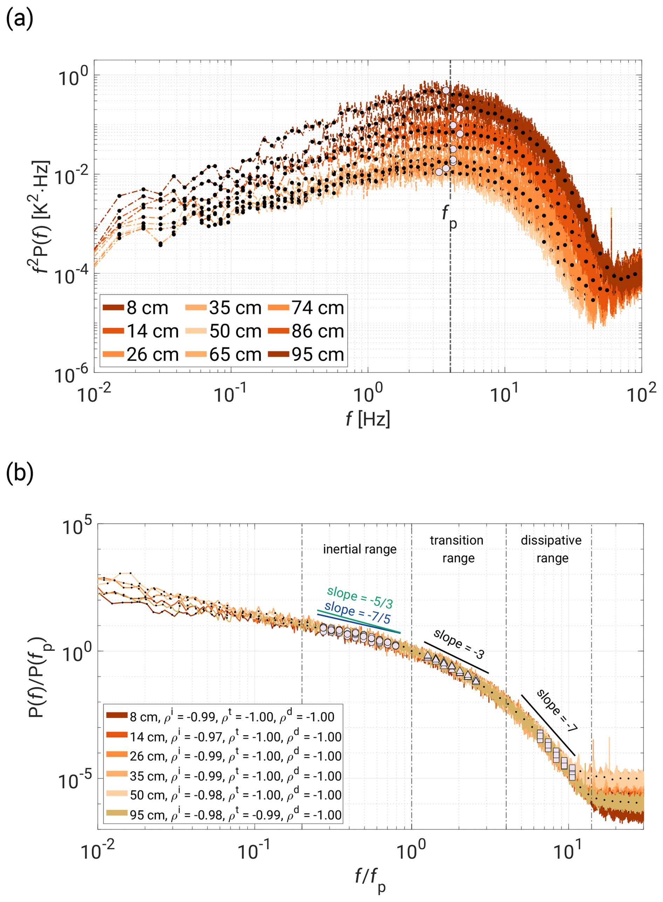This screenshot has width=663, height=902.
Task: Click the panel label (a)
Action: click(19, 19)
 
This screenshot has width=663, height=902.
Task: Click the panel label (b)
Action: click(19, 473)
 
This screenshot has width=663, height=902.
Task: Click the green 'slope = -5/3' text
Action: click(360, 597)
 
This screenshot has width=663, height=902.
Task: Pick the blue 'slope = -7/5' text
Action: click(357, 612)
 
